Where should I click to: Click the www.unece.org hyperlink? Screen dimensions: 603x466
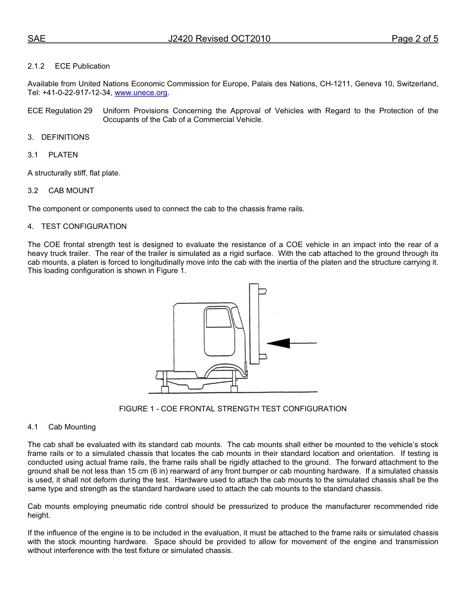(141, 93)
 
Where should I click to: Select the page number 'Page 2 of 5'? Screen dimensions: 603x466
(414, 39)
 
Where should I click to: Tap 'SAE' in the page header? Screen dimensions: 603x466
(36, 39)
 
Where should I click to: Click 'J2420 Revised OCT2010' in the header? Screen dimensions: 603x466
(219, 39)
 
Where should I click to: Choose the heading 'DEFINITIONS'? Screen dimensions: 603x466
(65, 137)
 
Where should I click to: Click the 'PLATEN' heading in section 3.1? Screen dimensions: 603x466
(63, 155)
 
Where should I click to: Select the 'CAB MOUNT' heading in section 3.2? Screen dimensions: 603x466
(71, 191)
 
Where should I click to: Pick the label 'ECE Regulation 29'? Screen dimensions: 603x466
(60, 111)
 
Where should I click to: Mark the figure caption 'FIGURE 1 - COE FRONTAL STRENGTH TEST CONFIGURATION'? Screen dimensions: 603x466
(233, 409)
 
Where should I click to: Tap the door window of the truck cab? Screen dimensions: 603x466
(218, 318)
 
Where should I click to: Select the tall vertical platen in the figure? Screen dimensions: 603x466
(254, 324)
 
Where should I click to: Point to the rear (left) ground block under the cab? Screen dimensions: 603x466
(165, 389)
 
